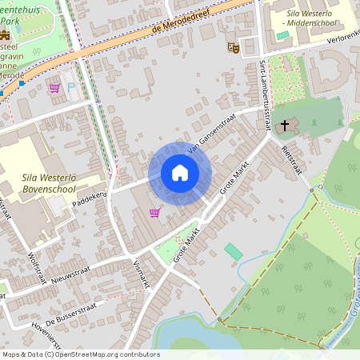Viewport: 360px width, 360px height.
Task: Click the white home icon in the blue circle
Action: [x=180, y=173]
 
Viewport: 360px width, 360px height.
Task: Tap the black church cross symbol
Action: [x=284, y=126]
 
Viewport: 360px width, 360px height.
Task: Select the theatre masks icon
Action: [x=233, y=47]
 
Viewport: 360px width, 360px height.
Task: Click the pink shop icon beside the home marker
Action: [x=154, y=213]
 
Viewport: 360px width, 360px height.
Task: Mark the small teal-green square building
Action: [x=233, y=251]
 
